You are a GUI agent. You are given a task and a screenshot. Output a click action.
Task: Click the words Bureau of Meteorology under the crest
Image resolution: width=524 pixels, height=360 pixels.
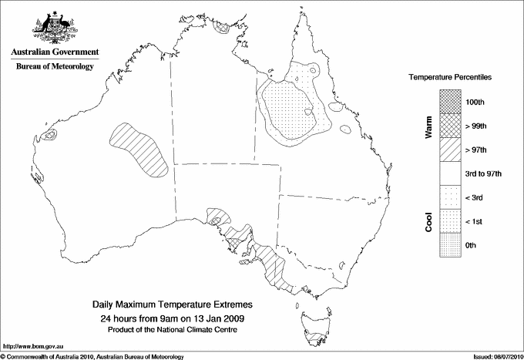(x=54, y=66)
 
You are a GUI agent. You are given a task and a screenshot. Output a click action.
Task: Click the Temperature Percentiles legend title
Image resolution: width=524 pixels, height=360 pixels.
(x=451, y=78)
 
